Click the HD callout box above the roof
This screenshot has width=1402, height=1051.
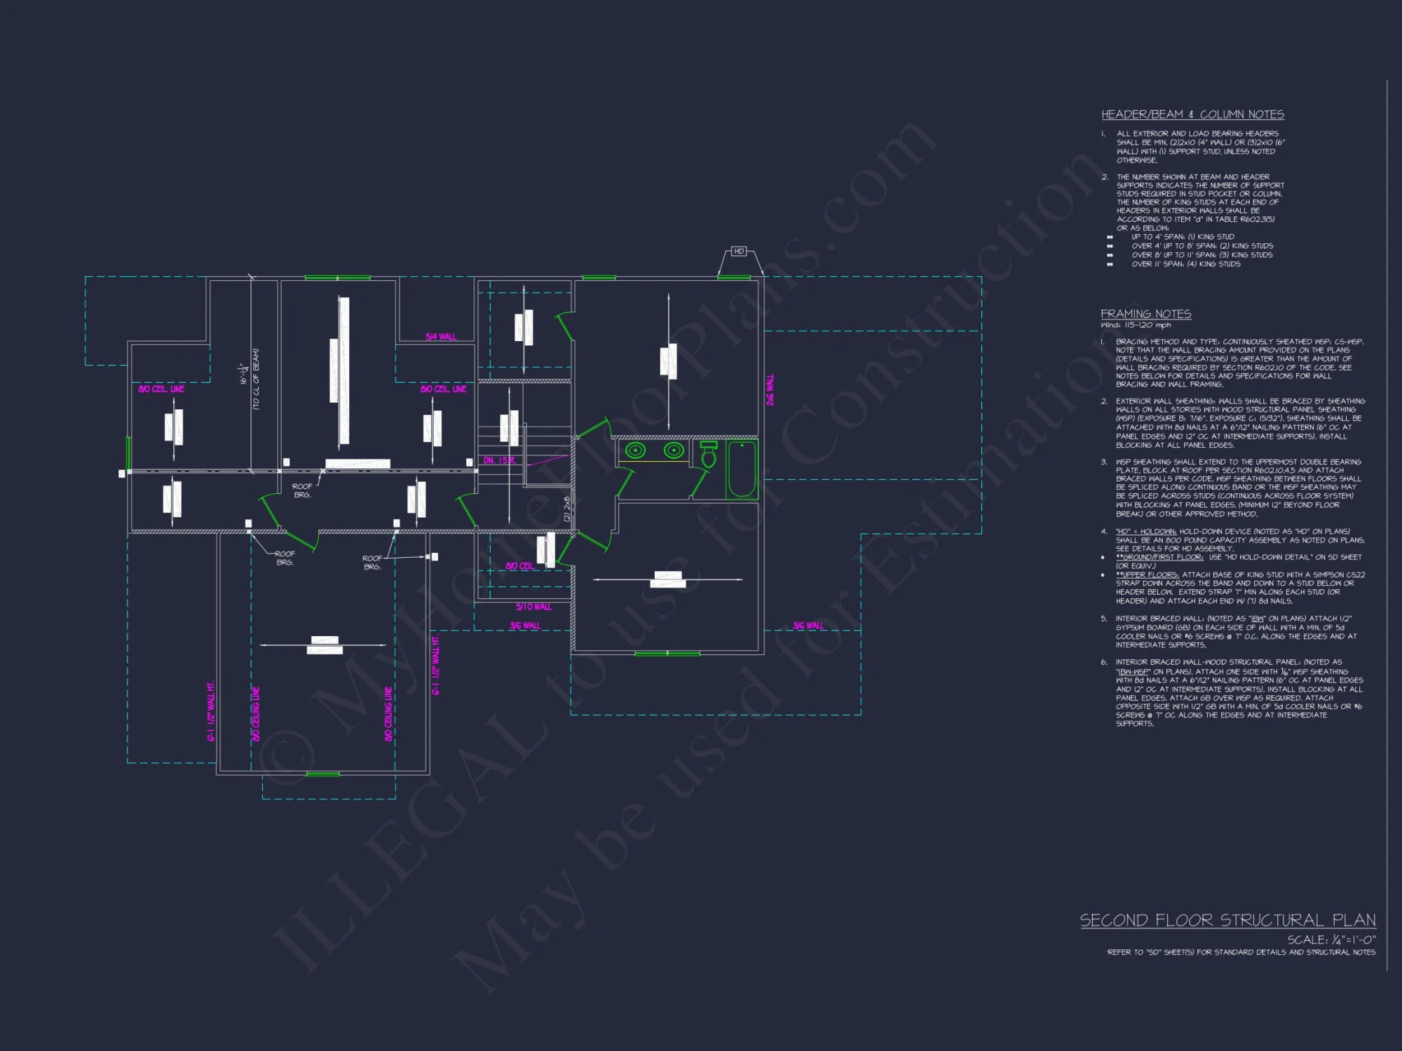[x=739, y=251]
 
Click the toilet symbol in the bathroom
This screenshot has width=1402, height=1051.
[x=709, y=455]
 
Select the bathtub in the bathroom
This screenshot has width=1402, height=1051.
[x=742, y=469]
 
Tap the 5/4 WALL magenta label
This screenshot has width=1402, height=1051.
[x=441, y=337]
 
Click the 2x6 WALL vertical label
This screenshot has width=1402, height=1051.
[x=770, y=390]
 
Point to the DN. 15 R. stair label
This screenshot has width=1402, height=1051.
[x=500, y=460]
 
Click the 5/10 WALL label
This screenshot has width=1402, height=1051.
[x=533, y=607]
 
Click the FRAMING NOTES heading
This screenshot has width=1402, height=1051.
[x=1145, y=314]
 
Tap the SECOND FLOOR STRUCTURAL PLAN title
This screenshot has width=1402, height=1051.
[x=1227, y=920]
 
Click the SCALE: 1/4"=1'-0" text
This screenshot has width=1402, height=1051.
[x=1331, y=940]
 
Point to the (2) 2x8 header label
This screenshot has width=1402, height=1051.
[x=566, y=509]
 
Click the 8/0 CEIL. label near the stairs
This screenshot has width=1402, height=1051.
[x=520, y=566]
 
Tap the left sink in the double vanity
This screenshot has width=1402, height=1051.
[x=636, y=450]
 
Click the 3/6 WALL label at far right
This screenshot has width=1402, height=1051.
[x=808, y=626]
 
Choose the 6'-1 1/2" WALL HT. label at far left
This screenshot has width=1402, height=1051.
[x=211, y=710]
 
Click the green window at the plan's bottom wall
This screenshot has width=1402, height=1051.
[x=323, y=774]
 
